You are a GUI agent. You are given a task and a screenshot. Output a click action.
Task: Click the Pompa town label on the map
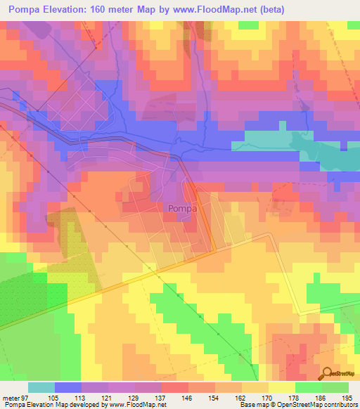181,208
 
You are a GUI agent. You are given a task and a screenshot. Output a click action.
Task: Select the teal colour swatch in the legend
41,387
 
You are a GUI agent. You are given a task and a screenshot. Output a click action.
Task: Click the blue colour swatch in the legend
68,387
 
